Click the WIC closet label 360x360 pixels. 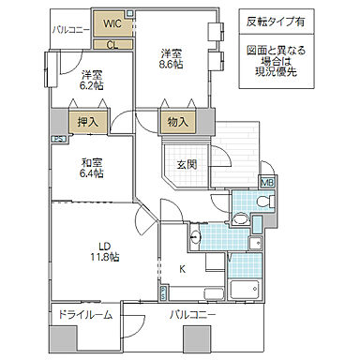(x=112, y=21)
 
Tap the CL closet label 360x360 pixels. (x=112, y=43)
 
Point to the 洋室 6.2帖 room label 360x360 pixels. (x=92, y=79)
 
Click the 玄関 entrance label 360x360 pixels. (x=187, y=165)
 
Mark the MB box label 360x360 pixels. (x=267, y=183)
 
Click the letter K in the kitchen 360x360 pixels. (x=183, y=269)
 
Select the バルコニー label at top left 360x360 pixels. (x=70, y=30)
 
